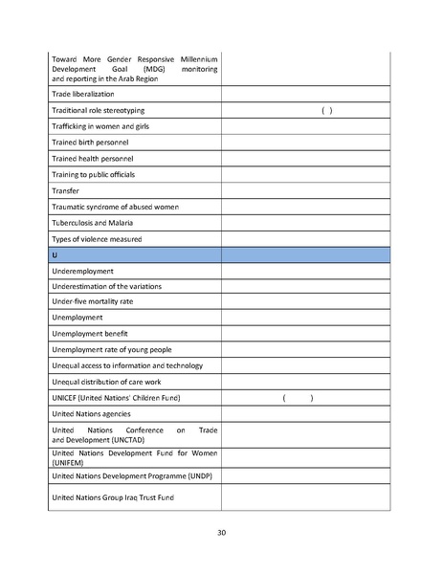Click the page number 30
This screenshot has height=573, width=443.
pos(221,532)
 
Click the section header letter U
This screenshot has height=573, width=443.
pos(55,255)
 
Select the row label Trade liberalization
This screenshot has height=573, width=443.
pos(83,94)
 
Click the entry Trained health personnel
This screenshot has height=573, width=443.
pos(93,158)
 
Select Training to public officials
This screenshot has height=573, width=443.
pos(94,174)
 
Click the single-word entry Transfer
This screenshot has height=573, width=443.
pos(66,190)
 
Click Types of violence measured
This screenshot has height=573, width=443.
pos(97,238)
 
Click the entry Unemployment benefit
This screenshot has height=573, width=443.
pos(90,332)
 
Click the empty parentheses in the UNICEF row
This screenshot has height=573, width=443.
pos(299,398)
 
